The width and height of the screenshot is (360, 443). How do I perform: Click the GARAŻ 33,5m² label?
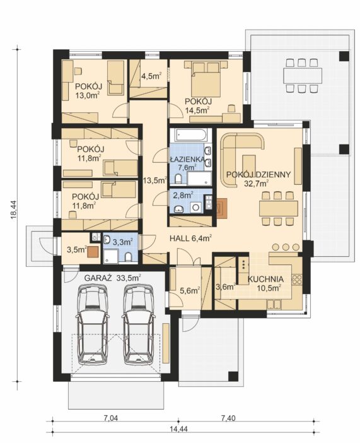tap(113, 278)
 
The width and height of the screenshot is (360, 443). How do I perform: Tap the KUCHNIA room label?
tap(265, 279)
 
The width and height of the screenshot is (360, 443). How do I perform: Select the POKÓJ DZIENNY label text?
tap(258, 175)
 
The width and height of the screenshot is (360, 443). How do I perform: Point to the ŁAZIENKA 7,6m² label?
tap(187, 163)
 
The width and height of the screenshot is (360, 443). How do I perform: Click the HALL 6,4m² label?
tap(191, 239)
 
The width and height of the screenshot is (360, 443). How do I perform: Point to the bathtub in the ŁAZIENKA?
tap(191, 135)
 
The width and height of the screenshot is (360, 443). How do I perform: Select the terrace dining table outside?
tap(303, 75)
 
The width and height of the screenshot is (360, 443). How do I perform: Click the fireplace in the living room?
tap(222, 208)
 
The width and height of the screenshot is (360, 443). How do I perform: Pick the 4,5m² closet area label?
tap(151, 76)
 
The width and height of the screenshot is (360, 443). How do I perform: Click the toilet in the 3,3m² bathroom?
tap(128, 257)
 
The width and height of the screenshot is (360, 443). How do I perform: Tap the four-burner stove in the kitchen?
tap(297, 279)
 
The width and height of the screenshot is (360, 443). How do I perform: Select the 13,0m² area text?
tap(88, 95)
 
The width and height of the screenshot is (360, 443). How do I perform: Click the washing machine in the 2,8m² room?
tap(195, 208)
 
